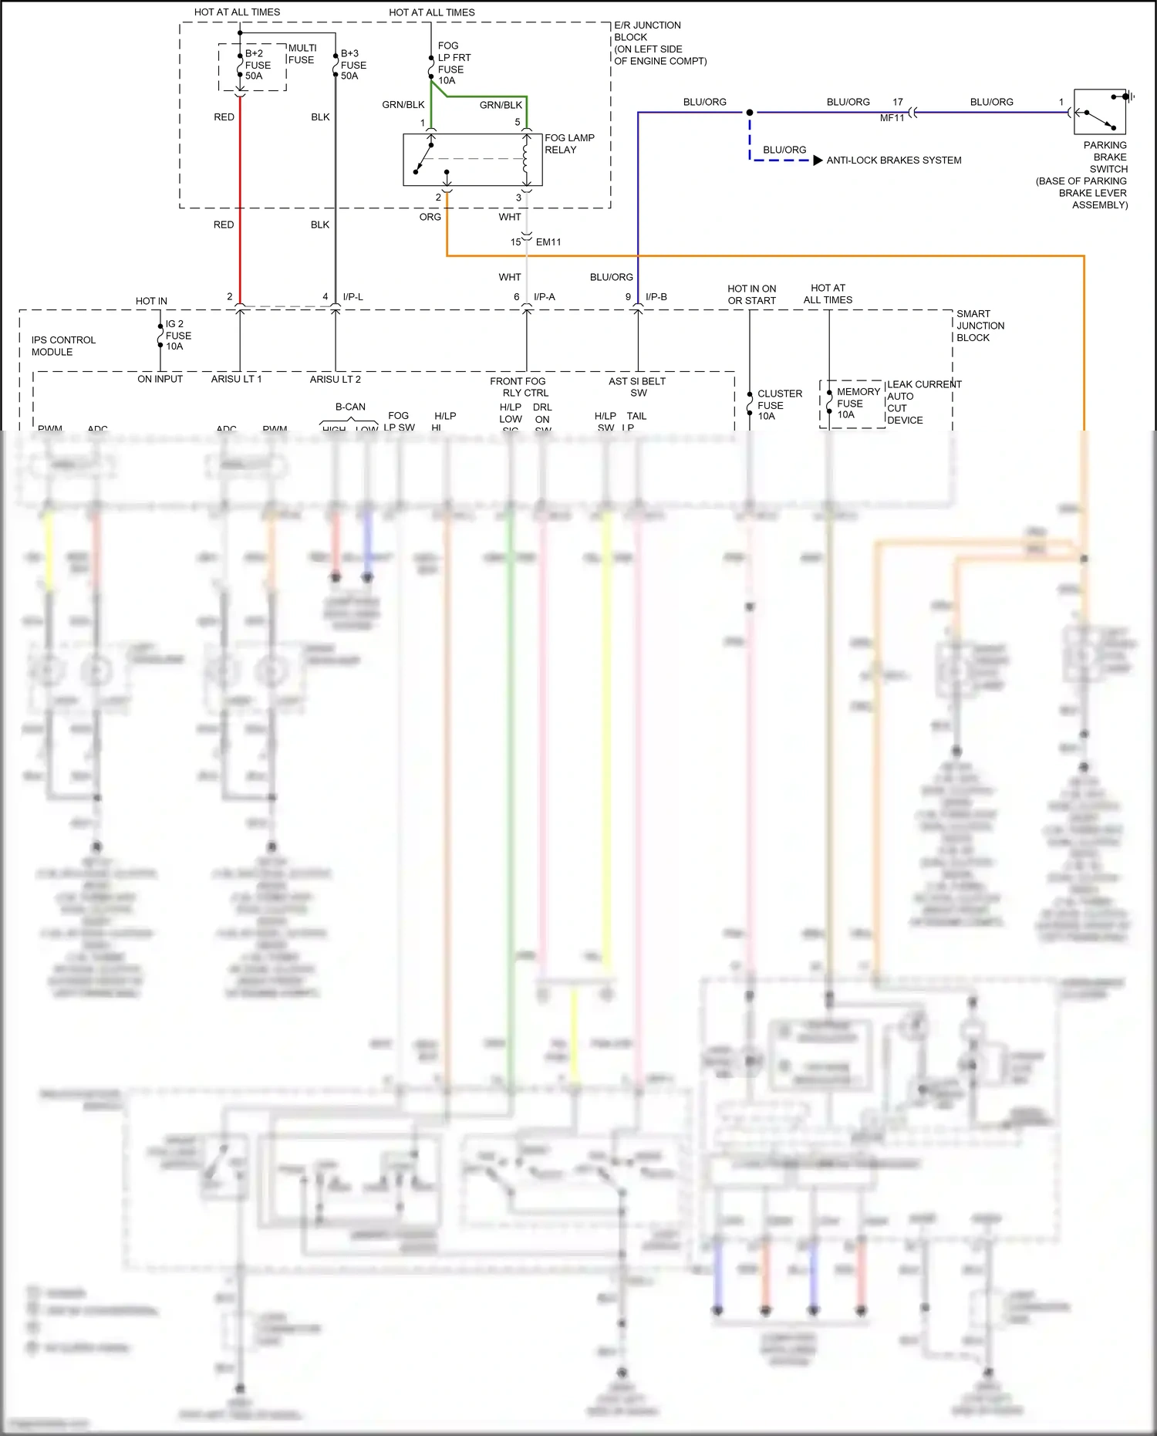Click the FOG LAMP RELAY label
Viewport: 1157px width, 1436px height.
[569, 144]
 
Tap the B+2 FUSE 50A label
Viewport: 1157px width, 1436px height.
[258, 65]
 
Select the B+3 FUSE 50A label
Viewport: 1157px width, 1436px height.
[353, 65]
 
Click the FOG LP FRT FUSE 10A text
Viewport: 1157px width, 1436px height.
[454, 63]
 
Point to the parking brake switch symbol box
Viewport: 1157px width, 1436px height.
[1100, 113]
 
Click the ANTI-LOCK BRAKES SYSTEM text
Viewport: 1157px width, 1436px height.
[893, 160]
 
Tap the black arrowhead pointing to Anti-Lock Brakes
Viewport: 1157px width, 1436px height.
[818, 160]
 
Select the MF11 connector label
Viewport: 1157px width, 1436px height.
[892, 118]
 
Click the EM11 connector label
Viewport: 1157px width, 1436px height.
[548, 242]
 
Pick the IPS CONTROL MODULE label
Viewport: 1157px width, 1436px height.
[63, 346]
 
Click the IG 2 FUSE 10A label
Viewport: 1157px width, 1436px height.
[178, 336]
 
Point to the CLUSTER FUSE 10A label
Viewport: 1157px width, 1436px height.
[778, 405]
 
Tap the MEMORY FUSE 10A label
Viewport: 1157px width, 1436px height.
[857, 403]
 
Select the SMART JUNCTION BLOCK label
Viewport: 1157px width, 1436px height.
[980, 326]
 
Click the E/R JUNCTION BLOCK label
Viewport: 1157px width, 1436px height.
[659, 43]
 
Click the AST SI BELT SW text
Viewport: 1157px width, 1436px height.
[637, 387]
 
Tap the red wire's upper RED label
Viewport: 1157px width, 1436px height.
[224, 117]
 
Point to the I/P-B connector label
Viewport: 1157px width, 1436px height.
[656, 297]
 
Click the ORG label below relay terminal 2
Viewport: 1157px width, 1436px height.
[430, 217]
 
